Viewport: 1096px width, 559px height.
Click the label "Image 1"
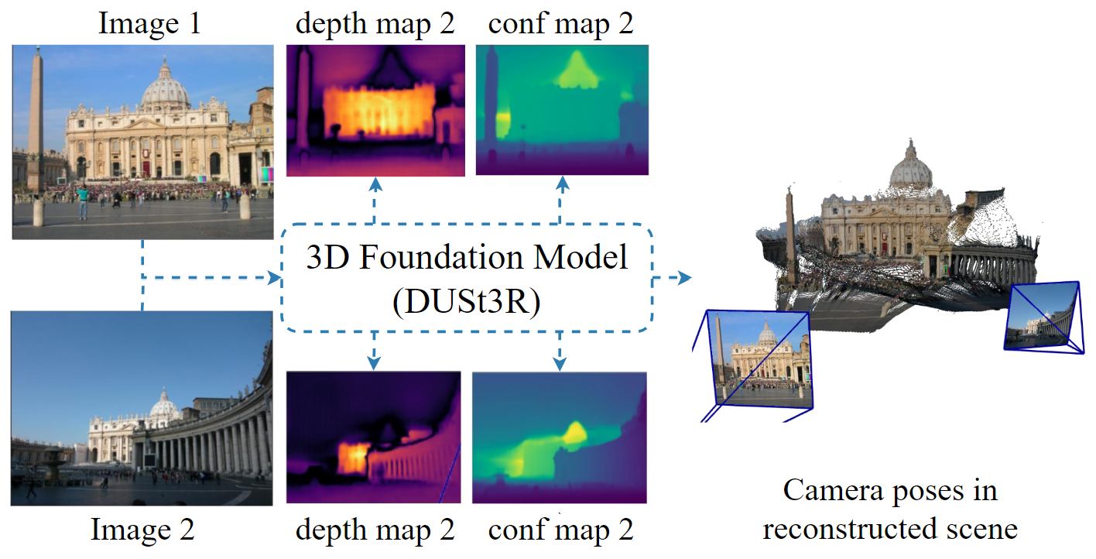click(150, 24)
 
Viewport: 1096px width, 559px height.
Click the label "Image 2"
click(143, 530)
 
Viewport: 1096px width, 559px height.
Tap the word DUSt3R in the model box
click(467, 302)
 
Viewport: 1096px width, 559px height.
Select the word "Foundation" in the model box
click(467, 258)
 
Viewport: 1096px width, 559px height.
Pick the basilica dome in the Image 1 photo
click(165, 87)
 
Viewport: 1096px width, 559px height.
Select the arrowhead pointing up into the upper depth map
click(375, 183)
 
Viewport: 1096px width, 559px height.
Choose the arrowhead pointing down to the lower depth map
click(375, 362)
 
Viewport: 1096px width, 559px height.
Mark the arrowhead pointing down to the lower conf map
click(560, 362)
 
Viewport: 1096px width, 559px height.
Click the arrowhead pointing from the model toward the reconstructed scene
click(683, 278)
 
